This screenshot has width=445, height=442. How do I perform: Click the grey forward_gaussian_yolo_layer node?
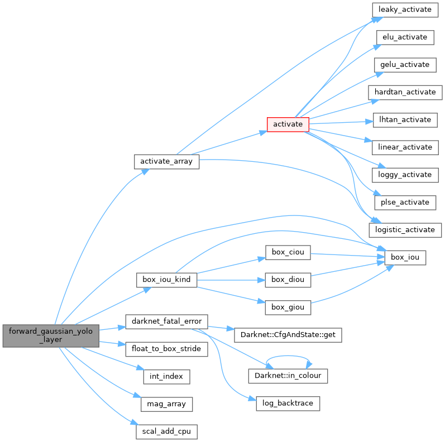pyautogui.click(x=51, y=335)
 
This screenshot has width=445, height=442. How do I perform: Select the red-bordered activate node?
pyautogui.click(x=288, y=124)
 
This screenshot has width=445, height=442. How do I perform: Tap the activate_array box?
pyautogui.click(x=166, y=161)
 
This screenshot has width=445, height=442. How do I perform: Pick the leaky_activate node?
pyautogui.click(x=405, y=9)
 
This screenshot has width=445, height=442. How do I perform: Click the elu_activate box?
pyautogui.click(x=405, y=37)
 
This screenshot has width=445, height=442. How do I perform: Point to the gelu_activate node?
pyautogui.click(x=405, y=65)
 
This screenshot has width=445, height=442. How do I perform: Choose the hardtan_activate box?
pyautogui.click(x=405, y=92)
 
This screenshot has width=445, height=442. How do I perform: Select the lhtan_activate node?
pyautogui.click(x=405, y=119)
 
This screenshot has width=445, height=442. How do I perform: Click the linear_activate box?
pyautogui.click(x=405, y=147)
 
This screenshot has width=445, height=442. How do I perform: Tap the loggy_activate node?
pyautogui.click(x=405, y=175)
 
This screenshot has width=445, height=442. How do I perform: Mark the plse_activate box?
pyautogui.click(x=405, y=202)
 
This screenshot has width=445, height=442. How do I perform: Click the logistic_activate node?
pyautogui.click(x=405, y=229)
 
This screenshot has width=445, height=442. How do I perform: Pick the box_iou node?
pyautogui.click(x=405, y=257)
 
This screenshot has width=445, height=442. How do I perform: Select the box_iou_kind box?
pyautogui.click(x=166, y=280)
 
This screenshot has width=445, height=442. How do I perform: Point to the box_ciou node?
pyautogui.click(x=288, y=252)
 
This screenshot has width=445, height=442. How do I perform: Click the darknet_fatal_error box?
pyautogui.click(x=166, y=321)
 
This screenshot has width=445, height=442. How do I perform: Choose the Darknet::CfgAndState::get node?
pyautogui.click(x=288, y=335)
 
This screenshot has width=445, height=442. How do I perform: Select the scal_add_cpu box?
pyautogui.click(x=166, y=431)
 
